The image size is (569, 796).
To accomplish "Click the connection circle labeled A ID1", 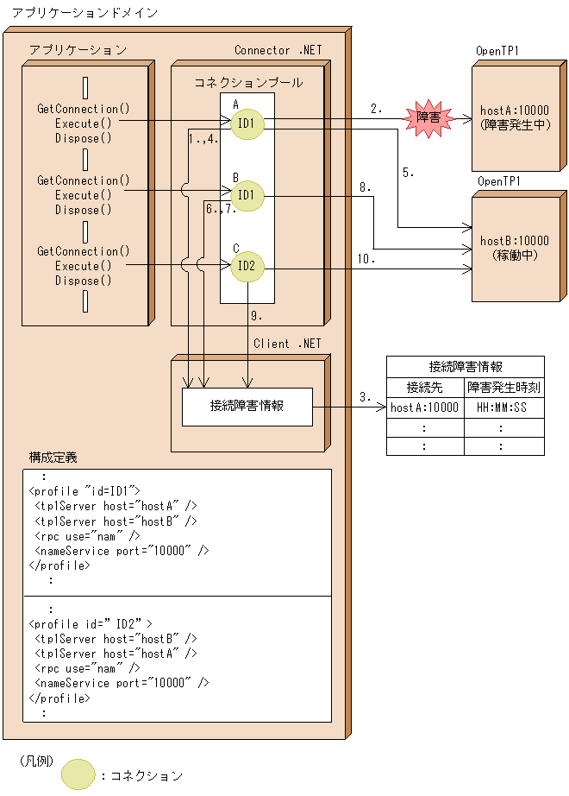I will click(x=246, y=123).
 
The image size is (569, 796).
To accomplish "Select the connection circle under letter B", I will click(x=246, y=195).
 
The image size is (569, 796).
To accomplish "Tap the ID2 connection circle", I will click(x=246, y=266).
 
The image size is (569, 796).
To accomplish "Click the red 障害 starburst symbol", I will click(x=428, y=117).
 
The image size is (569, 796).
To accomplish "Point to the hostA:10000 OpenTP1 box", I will click(x=515, y=117).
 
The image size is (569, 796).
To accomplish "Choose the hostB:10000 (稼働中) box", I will click(x=515, y=248).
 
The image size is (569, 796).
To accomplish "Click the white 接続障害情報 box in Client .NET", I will click(x=247, y=406).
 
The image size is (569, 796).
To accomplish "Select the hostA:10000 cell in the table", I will click(x=425, y=407).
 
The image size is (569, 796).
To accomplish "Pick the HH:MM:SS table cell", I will click(x=503, y=407).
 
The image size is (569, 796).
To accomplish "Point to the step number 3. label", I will click(x=366, y=397).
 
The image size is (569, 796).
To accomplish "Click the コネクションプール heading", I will click(x=248, y=83).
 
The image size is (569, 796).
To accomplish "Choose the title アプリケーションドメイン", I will click(x=72, y=14).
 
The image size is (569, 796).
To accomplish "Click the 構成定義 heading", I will click(x=53, y=457).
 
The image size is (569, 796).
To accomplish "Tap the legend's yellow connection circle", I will click(x=78, y=774).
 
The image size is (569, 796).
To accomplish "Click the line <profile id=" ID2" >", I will click(x=91, y=623).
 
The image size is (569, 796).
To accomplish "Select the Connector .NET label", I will click(x=278, y=50).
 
